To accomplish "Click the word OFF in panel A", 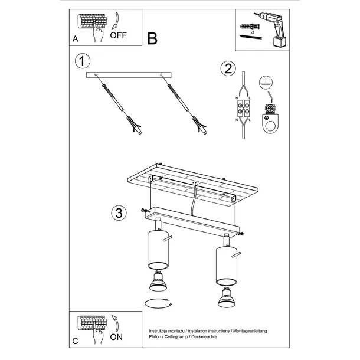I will [118, 35].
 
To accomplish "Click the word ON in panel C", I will [117, 338].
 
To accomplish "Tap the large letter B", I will [152, 38].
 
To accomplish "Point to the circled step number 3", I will [118, 213].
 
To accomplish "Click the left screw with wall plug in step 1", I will [125, 110].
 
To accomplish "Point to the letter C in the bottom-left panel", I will [75, 342].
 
